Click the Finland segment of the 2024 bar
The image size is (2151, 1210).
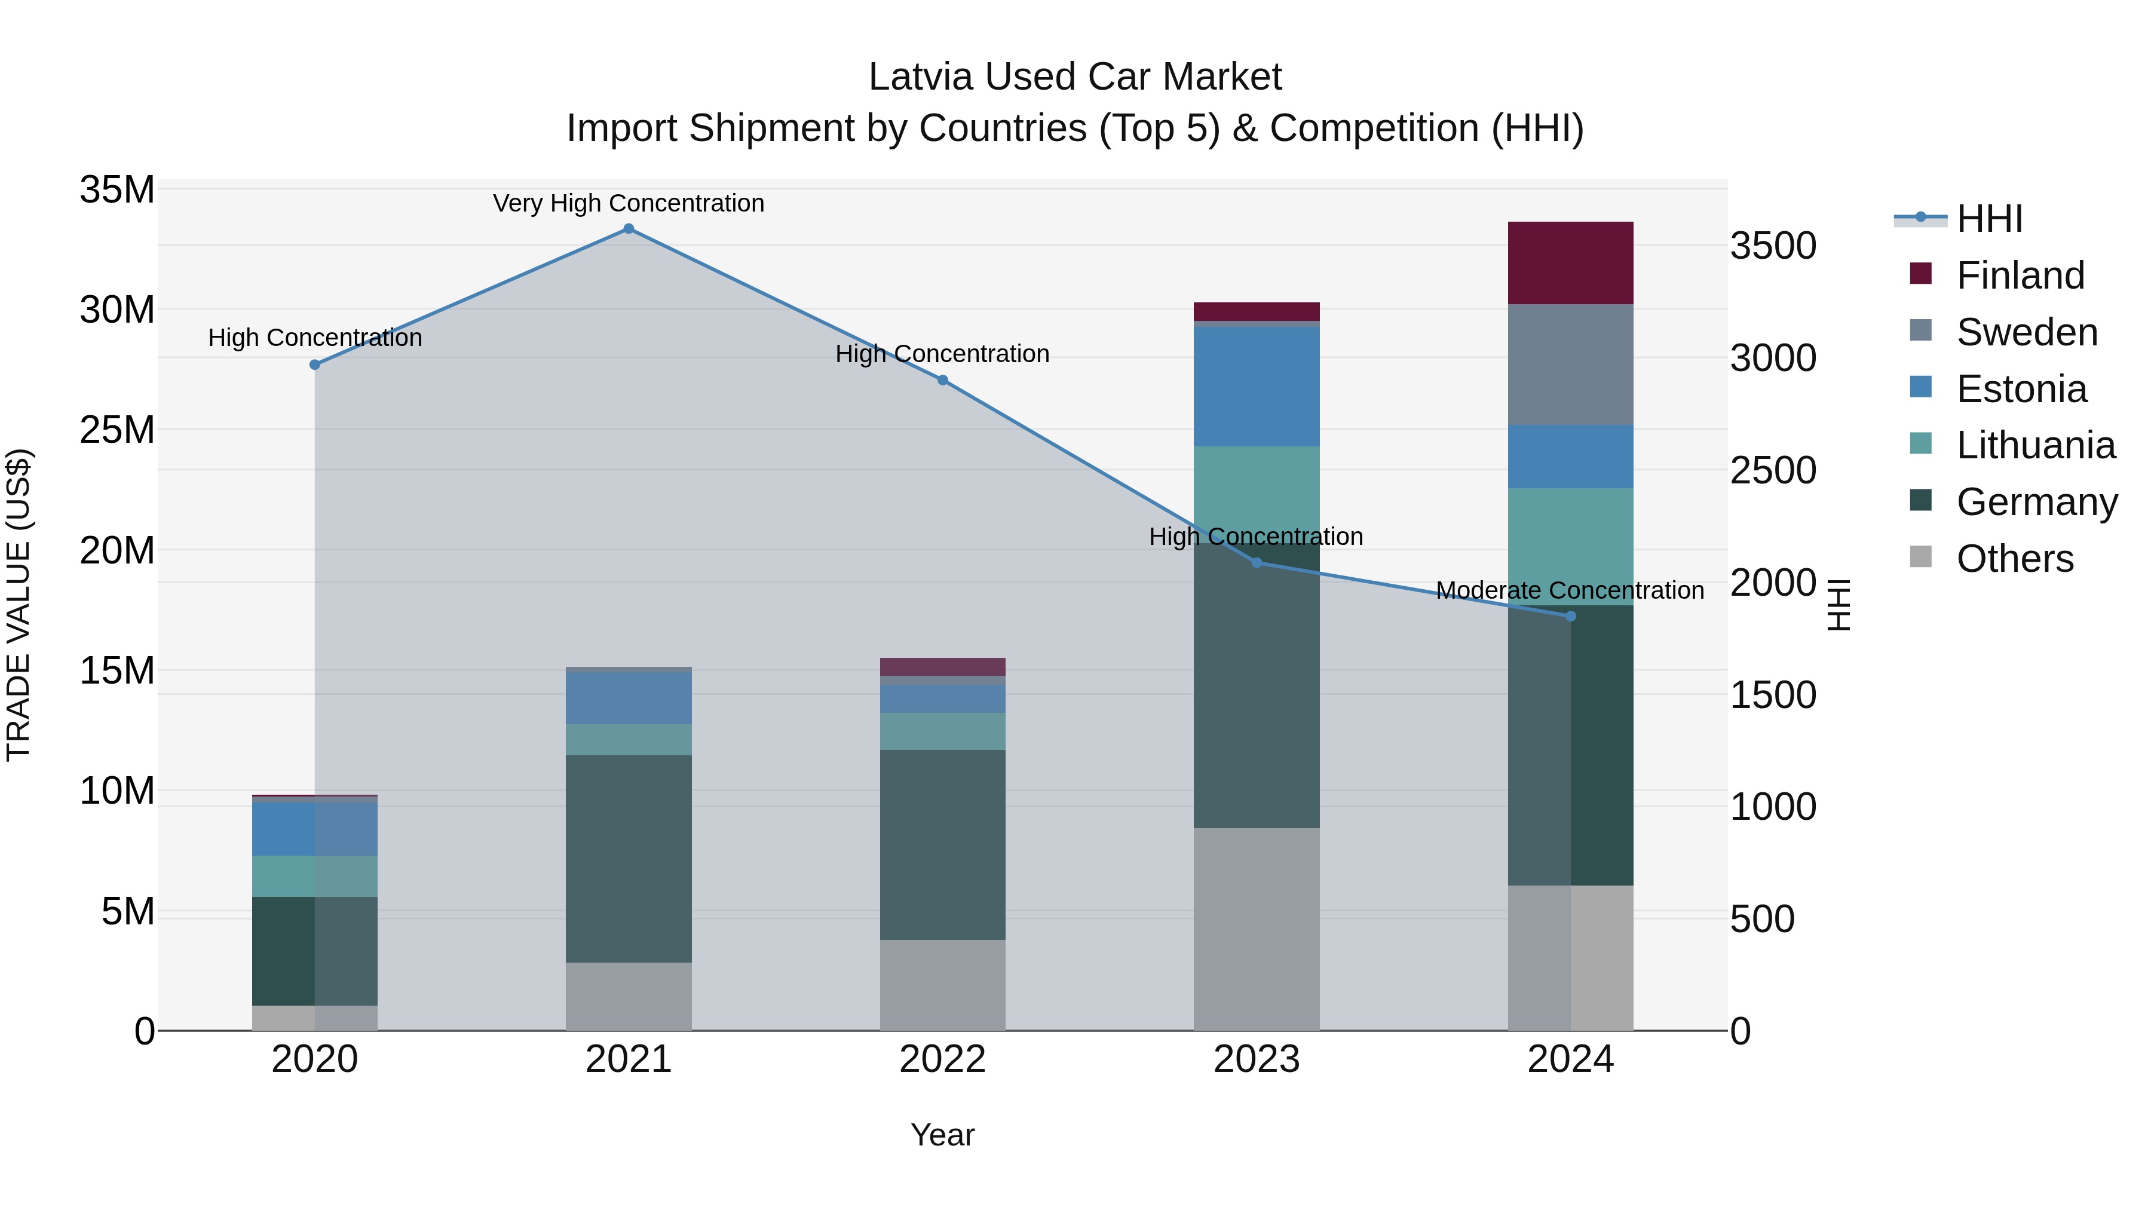[1570, 263]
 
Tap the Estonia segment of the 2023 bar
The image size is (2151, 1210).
[1256, 386]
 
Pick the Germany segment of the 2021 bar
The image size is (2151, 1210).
[629, 859]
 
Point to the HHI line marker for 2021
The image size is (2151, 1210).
[629, 229]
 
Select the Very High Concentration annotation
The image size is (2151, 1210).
[629, 203]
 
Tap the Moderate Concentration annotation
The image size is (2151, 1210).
[1570, 590]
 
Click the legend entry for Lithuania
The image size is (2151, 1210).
[2035, 445]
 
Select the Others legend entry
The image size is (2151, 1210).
[2014, 559]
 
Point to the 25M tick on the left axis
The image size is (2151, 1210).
[117, 430]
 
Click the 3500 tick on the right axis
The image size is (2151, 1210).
[1772, 246]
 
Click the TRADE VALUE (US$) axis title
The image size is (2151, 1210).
[19, 605]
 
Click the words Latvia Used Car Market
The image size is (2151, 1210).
[1075, 77]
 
